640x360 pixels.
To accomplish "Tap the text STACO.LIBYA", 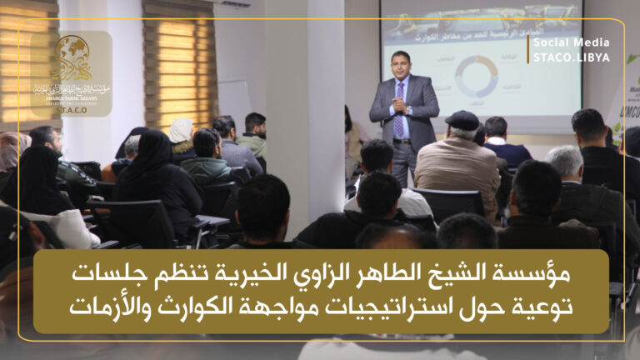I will point(571,57).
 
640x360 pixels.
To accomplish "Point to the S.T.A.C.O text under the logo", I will point(72,107).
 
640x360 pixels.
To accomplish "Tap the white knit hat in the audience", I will point(181,130).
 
